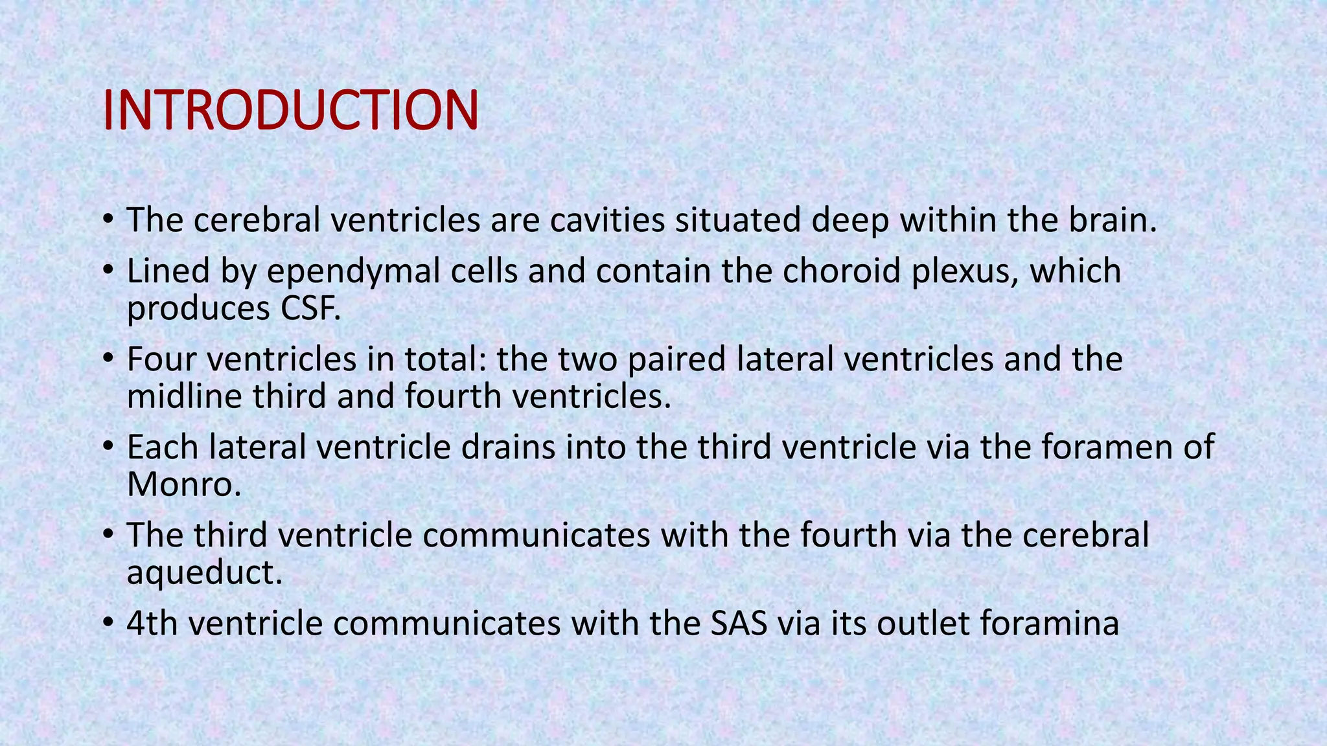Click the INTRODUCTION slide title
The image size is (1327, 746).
290,110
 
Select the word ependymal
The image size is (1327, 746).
346,271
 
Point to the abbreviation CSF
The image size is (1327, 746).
310,308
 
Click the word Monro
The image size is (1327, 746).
183,484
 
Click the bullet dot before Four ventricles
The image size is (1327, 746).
108,359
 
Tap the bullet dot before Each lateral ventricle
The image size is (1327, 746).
108,447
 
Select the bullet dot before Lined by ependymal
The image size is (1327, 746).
108,271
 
